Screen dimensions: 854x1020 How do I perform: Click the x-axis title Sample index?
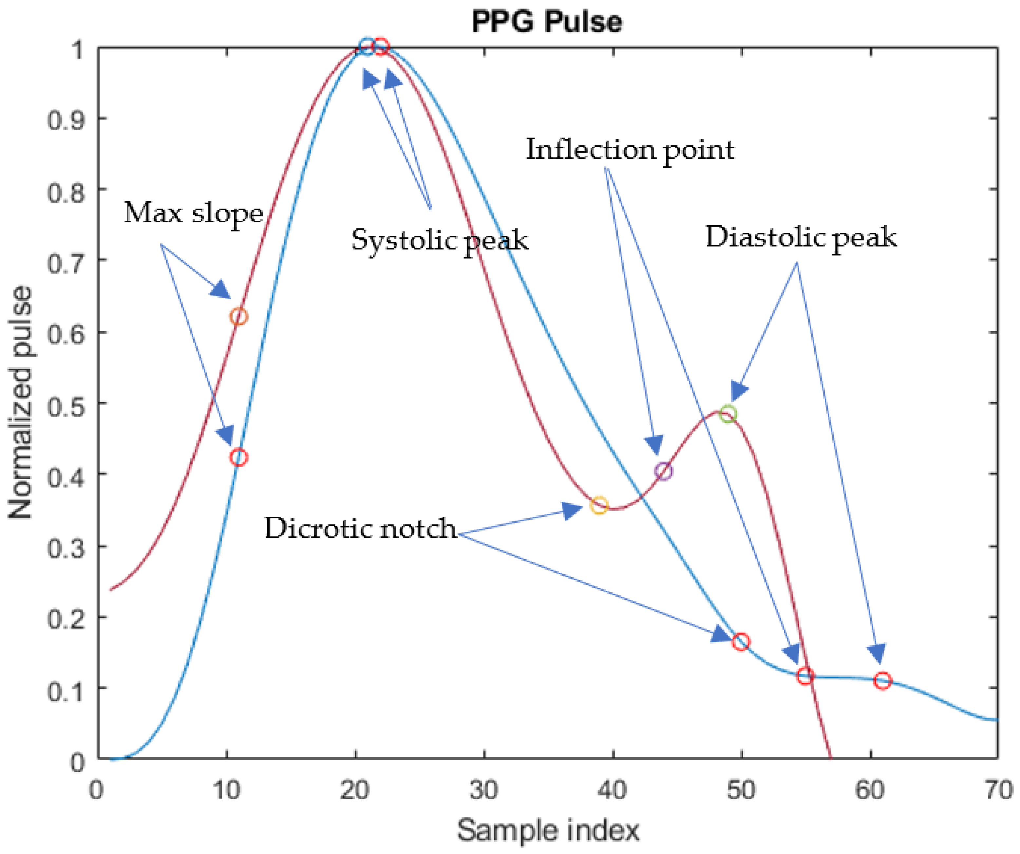(548, 831)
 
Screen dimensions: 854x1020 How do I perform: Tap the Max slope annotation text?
(193, 213)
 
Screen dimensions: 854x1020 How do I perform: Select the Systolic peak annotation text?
(440, 240)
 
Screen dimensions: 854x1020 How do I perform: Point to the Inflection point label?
(630, 150)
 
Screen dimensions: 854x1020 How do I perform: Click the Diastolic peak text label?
(801, 237)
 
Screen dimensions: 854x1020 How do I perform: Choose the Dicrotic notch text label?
(360, 528)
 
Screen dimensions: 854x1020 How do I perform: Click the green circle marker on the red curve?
(727, 414)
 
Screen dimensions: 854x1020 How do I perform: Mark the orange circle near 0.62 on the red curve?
(238, 317)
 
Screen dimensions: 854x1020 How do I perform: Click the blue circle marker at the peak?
(367, 46)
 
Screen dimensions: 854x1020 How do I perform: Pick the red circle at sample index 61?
(882, 681)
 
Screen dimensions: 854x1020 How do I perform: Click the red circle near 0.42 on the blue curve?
(238, 457)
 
